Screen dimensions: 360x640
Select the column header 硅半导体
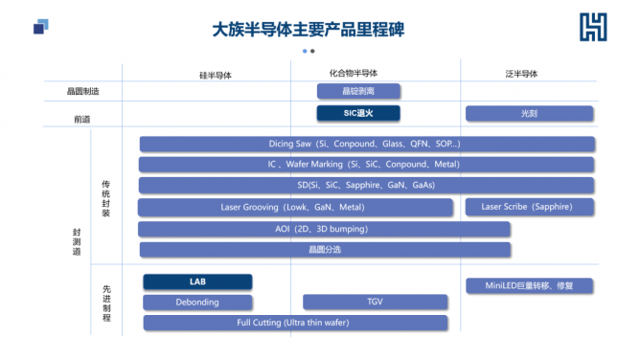click(215, 75)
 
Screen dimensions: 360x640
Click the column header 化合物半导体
click(346, 73)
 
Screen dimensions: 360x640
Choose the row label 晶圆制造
click(82, 91)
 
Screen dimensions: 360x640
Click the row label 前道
click(82, 120)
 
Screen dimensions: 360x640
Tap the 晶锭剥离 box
click(358, 91)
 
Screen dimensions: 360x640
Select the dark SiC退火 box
click(358, 113)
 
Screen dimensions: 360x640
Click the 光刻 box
click(529, 113)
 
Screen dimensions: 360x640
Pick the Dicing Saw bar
click(366, 144)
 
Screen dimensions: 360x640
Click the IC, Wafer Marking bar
click(366, 165)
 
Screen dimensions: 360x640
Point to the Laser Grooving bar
click(295, 207)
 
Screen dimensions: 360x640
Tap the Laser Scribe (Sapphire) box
click(529, 207)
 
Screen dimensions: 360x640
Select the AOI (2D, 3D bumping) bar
click(324, 229)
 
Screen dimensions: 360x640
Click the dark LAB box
click(197, 281)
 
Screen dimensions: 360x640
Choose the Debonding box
click(197, 302)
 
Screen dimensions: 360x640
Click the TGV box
click(375, 302)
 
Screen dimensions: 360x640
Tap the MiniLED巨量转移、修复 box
click(529, 285)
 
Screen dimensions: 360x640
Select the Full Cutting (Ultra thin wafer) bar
click(295, 323)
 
